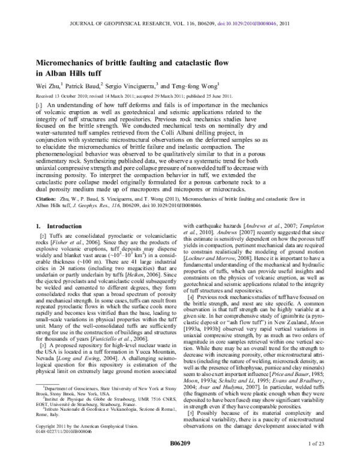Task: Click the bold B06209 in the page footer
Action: point(180,457)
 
